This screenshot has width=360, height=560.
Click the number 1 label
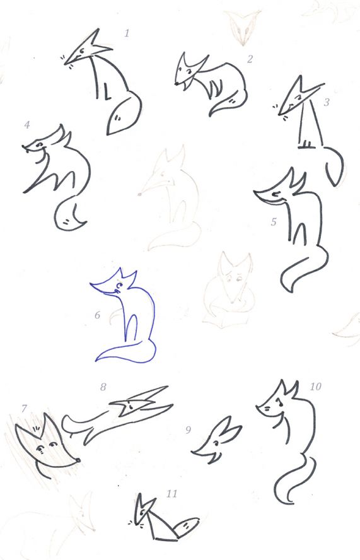127,33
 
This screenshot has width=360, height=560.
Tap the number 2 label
250,59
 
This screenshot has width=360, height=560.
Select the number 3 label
327,102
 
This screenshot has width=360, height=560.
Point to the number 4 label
26,125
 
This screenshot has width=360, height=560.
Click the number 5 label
274,222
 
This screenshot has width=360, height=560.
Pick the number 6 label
98,315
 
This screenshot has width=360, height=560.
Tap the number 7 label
25,408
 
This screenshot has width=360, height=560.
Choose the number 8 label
103,387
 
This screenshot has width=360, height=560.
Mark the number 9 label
189,430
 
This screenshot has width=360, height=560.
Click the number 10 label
315,387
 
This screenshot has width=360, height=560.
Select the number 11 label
171,494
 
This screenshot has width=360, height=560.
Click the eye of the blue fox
120,285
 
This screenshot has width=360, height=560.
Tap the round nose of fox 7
78,460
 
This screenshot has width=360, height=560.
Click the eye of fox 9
216,443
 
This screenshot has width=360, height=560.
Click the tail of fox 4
70,213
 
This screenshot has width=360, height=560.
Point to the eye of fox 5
276,194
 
